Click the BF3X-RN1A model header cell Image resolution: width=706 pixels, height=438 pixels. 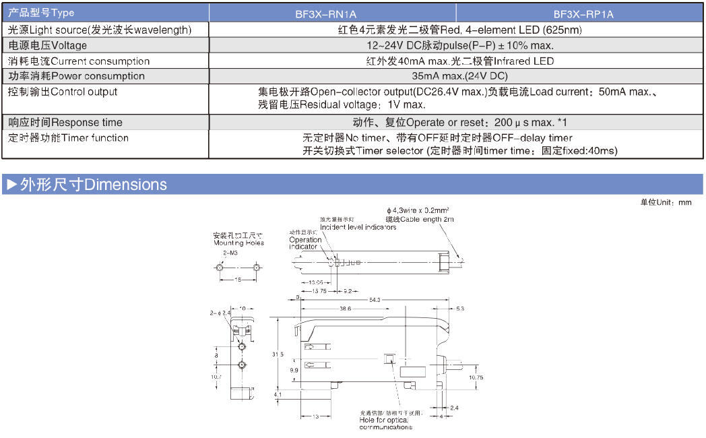click(333, 13)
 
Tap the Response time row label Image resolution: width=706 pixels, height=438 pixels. click(65, 122)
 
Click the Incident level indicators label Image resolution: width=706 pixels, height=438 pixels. click(358, 227)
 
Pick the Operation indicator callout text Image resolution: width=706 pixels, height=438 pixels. click(304, 243)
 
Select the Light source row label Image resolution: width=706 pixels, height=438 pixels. click(100, 30)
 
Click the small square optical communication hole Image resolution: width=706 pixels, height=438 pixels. click(389, 358)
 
